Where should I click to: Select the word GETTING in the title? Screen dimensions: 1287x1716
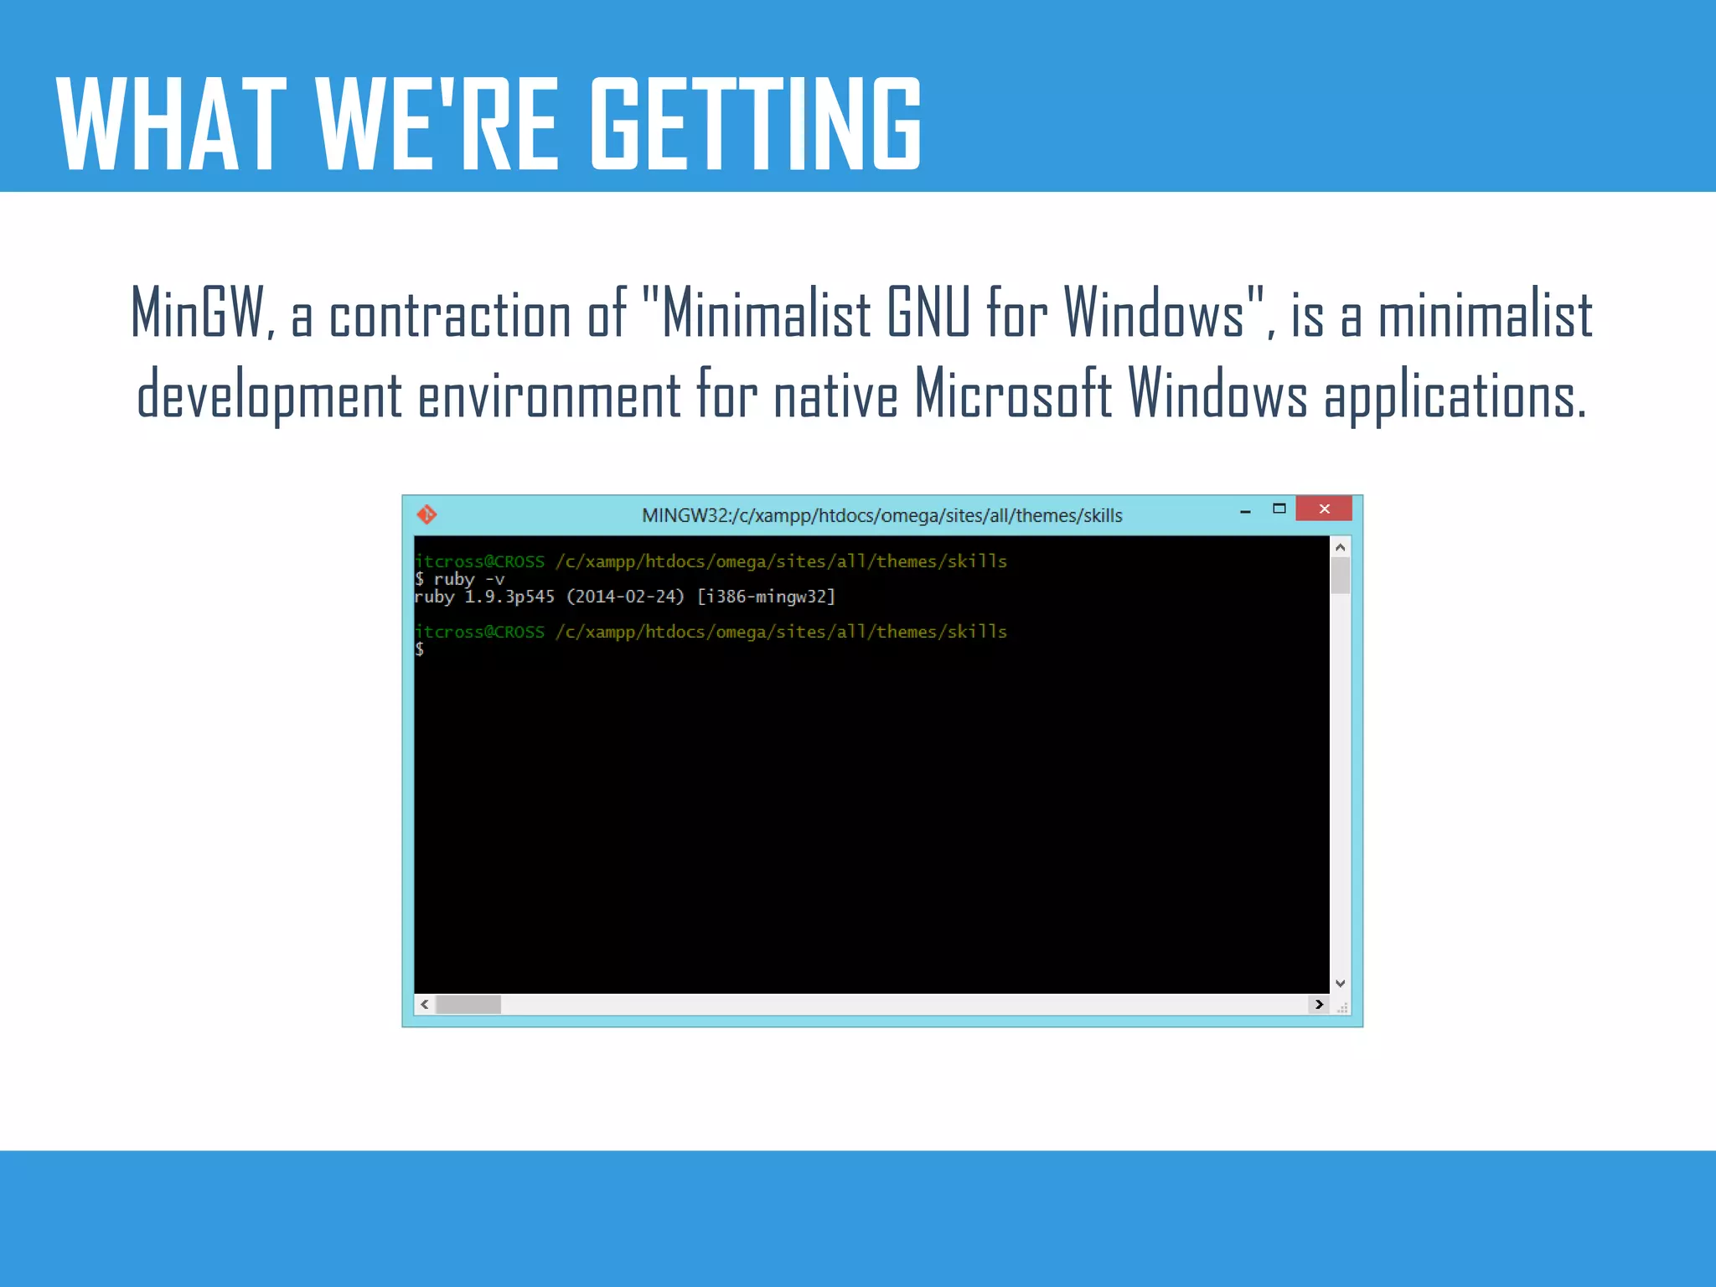[x=756, y=124]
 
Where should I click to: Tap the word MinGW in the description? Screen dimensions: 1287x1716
[x=199, y=313]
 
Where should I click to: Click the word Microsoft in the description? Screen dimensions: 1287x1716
[x=1012, y=394]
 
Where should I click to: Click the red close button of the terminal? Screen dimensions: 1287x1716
[x=1324, y=509]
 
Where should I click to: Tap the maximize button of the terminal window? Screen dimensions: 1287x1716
[x=1279, y=509]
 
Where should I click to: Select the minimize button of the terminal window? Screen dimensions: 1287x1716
[x=1245, y=510]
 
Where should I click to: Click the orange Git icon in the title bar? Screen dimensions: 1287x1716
[x=426, y=514]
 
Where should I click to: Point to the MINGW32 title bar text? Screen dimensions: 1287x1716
[x=881, y=515]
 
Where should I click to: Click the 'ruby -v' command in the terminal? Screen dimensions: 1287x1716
[x=469, y=579]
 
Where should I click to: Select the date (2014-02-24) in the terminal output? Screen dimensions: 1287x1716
[x=625, y=597]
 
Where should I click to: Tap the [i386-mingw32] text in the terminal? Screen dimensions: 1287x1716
[x=766, y=597]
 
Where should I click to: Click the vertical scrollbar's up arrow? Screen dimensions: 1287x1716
[x=1340, y=547]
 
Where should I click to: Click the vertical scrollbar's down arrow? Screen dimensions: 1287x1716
[x=1340, y=983]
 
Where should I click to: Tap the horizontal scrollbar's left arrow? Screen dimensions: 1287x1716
[x=425, y=1004]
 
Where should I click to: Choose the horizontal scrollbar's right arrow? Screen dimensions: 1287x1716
[x=1319, y=1004]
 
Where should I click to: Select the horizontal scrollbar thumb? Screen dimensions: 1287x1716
[x=468, y=1004]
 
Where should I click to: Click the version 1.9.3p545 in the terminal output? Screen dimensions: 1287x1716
[x=509, y=597]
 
